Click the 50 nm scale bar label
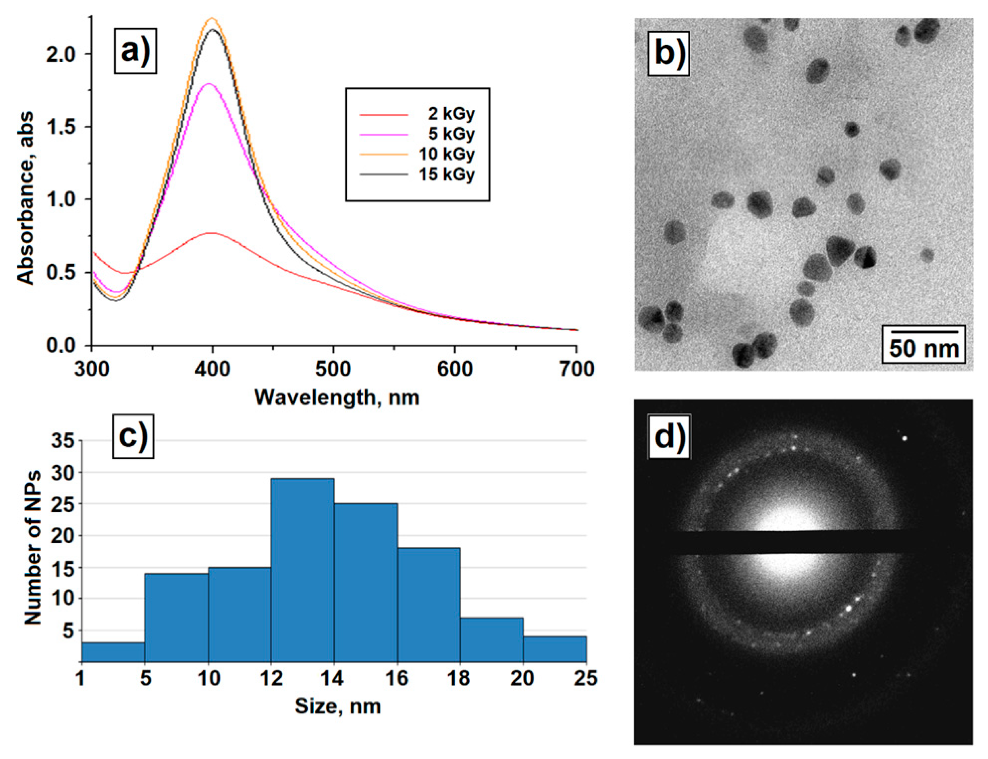coord(924,348)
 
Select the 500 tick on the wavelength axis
coord(333,369)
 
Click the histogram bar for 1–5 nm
coord(113,652)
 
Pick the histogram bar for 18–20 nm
coord(492,640)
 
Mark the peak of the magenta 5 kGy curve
coord(209,84)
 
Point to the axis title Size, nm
coord(338,706)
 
